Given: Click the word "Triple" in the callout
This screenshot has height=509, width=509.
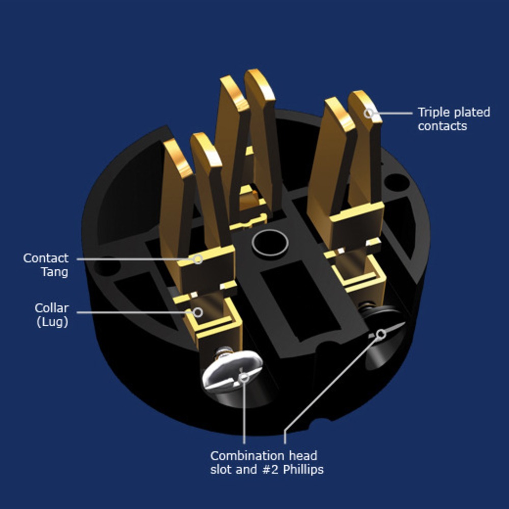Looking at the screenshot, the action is click(x=434, y=112).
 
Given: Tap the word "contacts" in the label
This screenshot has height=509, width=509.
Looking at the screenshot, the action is click(x=442, y=126).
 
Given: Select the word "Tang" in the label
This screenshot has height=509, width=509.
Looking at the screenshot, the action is click(x=54, y=272).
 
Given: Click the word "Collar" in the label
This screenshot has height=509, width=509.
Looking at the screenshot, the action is click(x=51, y=308).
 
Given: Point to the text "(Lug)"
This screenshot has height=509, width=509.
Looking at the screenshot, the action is click(x=52, y=322).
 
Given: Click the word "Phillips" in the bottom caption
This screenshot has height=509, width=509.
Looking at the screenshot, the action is click(x=303, y=469).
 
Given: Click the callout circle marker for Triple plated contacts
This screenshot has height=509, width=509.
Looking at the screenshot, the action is click(x=369, y=114).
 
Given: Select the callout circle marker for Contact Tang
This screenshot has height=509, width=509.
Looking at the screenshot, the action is click(x=198, y=259).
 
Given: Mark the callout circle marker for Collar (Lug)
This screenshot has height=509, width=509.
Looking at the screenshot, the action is click(x=197, y=313).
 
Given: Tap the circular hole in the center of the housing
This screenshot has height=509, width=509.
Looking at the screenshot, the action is click(x=270, y=243).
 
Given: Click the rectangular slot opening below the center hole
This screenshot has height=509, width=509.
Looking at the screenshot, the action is click(x=300, y=301).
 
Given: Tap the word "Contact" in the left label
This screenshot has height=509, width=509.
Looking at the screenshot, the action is click(x=46, y=258).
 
